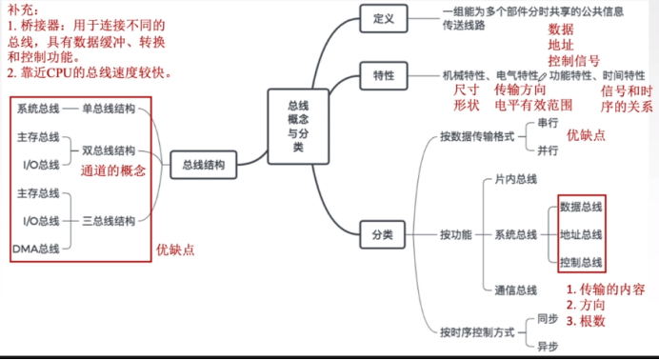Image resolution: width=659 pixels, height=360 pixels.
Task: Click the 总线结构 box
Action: pyautogui.click(x=204, y=165)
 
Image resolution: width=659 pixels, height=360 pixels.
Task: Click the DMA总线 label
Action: pyautogui.click(x=37, y=249)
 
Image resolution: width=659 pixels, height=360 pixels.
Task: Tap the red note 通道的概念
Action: pyautogui.click(x=112, y=171)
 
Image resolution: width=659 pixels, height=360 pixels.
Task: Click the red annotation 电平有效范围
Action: pyautogui.click(x=534, y=105)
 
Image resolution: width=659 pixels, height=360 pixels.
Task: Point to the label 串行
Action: pyautogui.click(x=548, y=123)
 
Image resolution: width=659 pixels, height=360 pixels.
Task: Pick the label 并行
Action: pyautogui.click(x=548, y=150)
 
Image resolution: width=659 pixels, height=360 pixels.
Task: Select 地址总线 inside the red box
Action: pyautogui.click(x=581, y=233)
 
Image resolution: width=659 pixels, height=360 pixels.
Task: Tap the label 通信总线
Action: pyautogui.click(x=515, y=290)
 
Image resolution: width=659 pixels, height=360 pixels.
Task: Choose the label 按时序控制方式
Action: pyautogui.click(x=477, y=332)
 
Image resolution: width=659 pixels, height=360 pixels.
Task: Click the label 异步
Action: pyautogui.click(x=547, y=346)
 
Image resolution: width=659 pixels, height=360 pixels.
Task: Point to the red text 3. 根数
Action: pyautogui.click(x=586, y=321)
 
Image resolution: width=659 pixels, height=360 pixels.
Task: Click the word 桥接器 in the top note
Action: pyautogui.click(x=41, y=29)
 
